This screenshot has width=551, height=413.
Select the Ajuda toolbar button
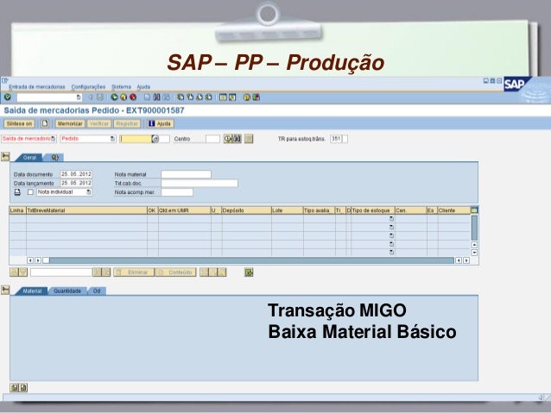[159, 123]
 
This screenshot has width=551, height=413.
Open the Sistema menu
[121, 86]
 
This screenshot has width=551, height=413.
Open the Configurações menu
[88, 86]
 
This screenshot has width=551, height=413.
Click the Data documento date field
[75, 174]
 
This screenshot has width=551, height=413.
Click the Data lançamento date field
[75, 183]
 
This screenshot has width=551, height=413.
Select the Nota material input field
[186, 174]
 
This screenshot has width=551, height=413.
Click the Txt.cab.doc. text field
[199, 183]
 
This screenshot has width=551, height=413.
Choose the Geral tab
[29, 158]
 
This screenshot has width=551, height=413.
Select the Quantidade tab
[67, 291]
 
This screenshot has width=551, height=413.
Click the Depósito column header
[244, 210]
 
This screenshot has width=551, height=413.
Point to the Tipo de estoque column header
[372, 210]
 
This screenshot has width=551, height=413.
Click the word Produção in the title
[333, 62]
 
